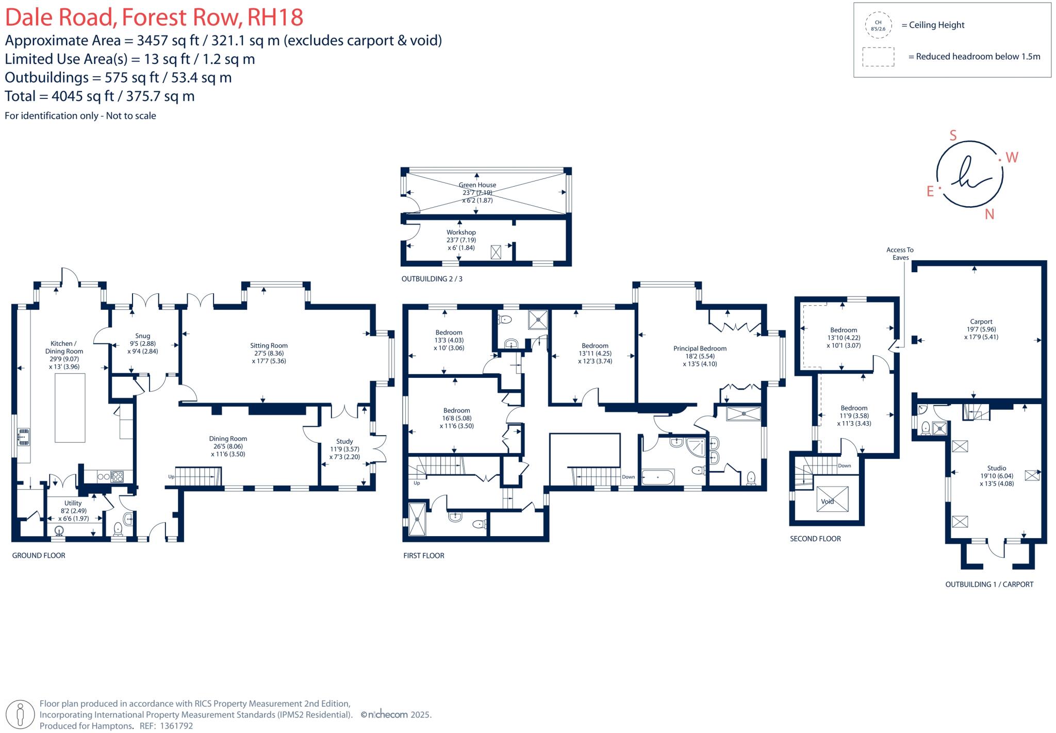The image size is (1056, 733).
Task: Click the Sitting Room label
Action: pyautogui.click(x=269, y=346)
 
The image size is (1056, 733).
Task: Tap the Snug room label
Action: pyautogui.click(x=142, y=336)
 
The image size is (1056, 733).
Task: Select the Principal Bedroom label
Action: pyautogui.click(x=700, y=348)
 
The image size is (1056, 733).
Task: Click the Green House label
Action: pyautogui.click(x=477, y=185)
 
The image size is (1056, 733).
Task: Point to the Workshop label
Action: pyautogui.click(x=461, y=232)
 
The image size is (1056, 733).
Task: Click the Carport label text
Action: pyautogui.click(x=981, y=322)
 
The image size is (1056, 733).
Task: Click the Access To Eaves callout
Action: pyautogui.click(x=900, y=254)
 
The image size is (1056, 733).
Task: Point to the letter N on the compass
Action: pyautogui.click(x=989, y=214)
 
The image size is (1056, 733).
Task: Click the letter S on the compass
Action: pyautogui.click(x=953, y=136)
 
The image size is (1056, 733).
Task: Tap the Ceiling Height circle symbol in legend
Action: pyautogui.click(x=878, y=25)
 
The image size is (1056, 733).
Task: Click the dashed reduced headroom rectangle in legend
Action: pyautogui.click(x=878, y=57)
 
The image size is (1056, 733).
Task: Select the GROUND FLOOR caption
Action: pyautogui.click(x=39, y=556)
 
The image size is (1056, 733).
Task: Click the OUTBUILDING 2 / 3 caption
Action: pyautogui.click(x=432, y=279)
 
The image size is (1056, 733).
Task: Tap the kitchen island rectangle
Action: pyautogui.click(x=70, y=408)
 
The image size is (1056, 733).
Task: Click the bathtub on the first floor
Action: pyautogui.click(x=657, y=477)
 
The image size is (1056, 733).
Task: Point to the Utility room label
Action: pyautogui.click(x=73, y=503)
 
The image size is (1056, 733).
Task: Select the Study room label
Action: pyautogui.click(x=344, y=441)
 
